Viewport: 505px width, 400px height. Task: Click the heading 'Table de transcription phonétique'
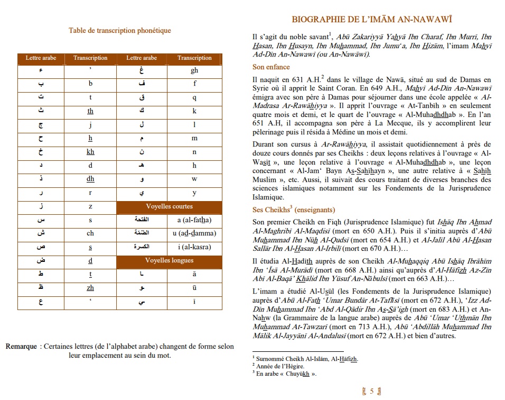click(120, 31)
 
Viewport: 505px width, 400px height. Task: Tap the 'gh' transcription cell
click(194, 71)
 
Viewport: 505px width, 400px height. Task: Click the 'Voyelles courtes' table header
click(169, 206)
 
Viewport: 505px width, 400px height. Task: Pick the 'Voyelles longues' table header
click(169, 260)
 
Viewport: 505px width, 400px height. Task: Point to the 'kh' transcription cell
click(90, 152)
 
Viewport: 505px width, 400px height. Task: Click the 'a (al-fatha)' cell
click(194, 220)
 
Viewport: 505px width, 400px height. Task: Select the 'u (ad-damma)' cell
click(194, 233)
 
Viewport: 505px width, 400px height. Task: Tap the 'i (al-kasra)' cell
click(194, 247)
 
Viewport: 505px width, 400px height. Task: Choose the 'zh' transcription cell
click(90, 288)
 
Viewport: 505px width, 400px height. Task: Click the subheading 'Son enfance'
click(271, 67)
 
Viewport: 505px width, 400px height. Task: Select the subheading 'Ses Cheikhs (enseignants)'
click(288, 210)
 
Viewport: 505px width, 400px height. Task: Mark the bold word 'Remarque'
click(22, 347)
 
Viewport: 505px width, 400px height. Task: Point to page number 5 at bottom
click(372, 391)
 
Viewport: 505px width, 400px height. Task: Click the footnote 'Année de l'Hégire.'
click(280, 366)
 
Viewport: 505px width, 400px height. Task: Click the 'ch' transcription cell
click(90, 233)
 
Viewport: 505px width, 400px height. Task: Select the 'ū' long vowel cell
click(194, 288)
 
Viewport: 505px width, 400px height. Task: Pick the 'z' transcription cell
click(90, 206)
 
